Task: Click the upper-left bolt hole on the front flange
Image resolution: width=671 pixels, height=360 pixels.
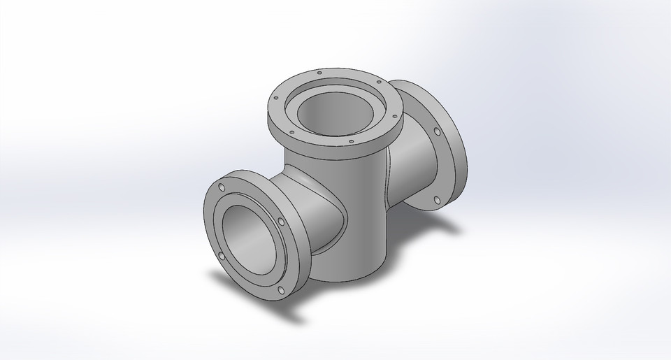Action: pos(222,188)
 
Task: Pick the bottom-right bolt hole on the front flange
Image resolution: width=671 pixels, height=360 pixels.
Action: pos(281,290)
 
